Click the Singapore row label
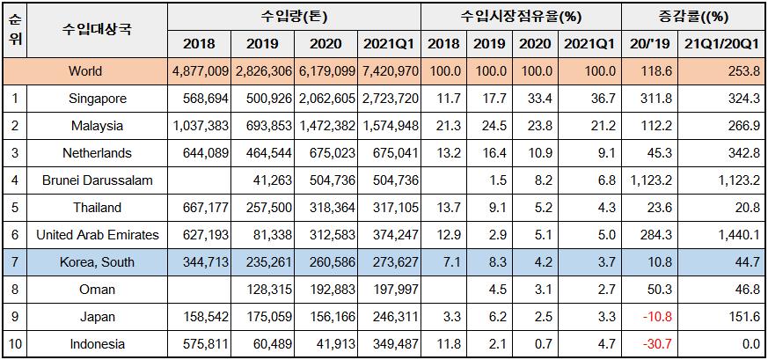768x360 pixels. coord(97,98)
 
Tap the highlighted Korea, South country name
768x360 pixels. coord(97,262)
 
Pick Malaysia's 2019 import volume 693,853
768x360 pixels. coord(265,125)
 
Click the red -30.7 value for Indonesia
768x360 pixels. coord(649,344)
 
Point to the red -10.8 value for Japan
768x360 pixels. coord(649,317)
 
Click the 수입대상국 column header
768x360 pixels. coord(97,29)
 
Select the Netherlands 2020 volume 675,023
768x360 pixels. coord(328,152)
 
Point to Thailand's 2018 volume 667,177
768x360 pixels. coord(201,208)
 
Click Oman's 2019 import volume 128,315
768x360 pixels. coord(265,290)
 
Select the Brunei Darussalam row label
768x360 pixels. coord(97,180)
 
